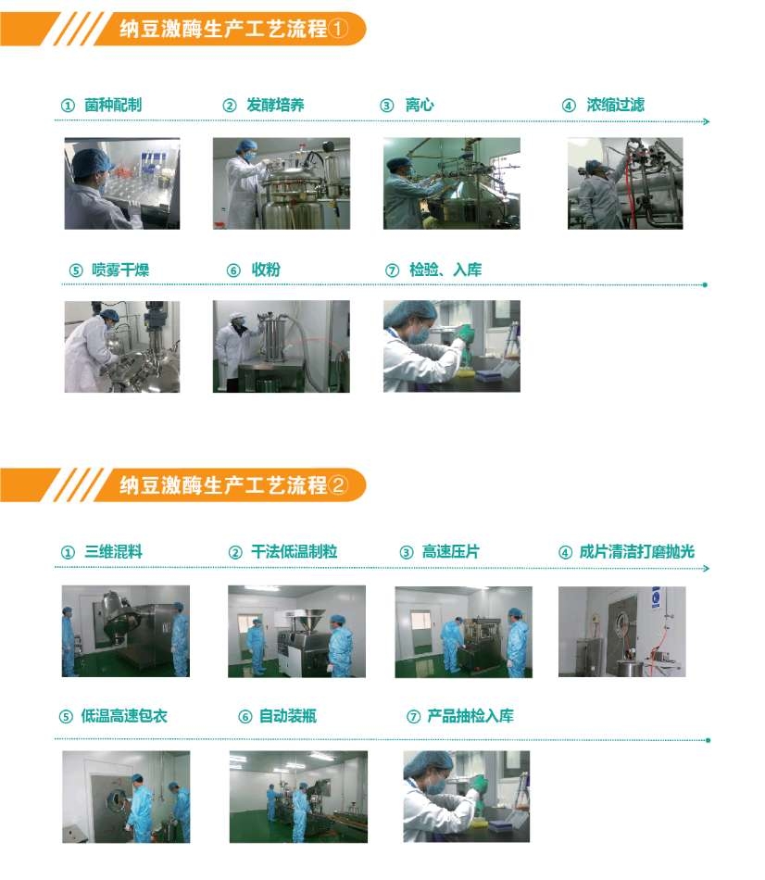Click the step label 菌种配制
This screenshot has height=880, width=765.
point(113,105)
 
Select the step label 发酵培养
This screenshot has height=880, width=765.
point(275,105)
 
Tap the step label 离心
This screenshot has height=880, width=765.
point(420,105)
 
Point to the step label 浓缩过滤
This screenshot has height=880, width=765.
point(615,105)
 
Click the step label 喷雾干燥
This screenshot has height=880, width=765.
point(120,270)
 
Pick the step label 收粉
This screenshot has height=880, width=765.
point(266,270)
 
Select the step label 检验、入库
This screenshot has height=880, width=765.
point(445,270)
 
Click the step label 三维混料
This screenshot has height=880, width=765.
point(113,552)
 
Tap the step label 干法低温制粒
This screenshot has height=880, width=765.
point(295,552)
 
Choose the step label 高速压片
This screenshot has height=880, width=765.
point(451,552)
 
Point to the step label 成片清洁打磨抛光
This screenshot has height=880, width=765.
point(637,552)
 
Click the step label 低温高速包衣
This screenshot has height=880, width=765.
point(124,716)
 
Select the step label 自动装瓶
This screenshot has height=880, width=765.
point(288,716)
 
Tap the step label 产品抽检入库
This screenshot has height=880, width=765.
point(470,716)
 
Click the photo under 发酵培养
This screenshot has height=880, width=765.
point(282,183)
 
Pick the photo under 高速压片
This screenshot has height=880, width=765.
point(464,632)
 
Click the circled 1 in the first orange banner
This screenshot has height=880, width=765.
point(338,28)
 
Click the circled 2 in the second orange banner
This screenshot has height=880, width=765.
point(338,484)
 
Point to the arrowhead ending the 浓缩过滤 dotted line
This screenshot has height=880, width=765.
point(706,121)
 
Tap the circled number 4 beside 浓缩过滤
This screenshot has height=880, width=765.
point(569,106)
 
